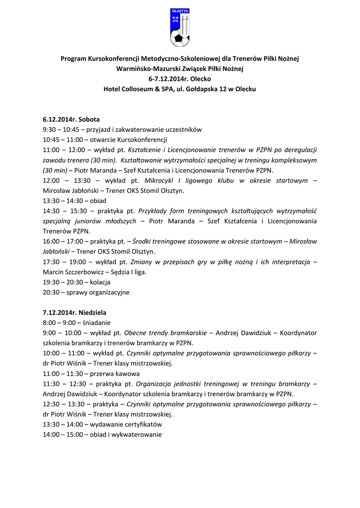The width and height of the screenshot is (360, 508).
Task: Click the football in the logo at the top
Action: click(177, 38)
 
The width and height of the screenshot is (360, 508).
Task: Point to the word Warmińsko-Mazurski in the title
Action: click(144, 68)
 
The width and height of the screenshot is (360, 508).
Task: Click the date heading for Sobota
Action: click(71, 120)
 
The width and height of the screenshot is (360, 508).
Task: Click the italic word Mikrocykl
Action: click(158, 181)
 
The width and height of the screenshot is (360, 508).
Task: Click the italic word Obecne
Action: click(136, 332)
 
